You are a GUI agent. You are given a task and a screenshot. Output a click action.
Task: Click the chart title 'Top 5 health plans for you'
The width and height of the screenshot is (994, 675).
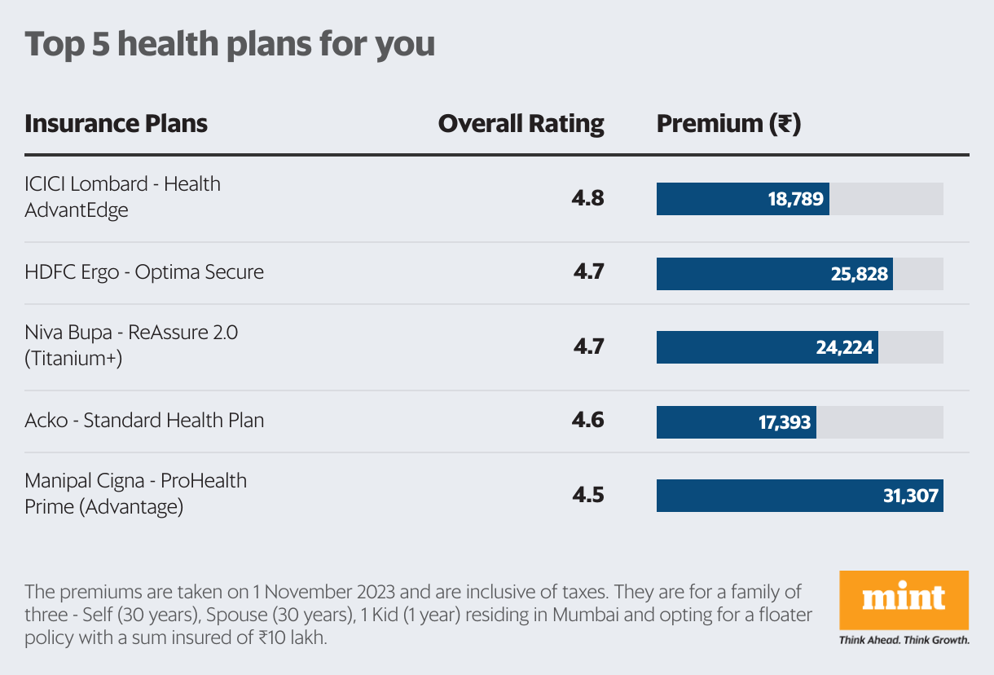(x=230, y=45)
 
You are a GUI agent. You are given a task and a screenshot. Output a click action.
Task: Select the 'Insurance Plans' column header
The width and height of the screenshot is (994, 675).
(x=116, y=124)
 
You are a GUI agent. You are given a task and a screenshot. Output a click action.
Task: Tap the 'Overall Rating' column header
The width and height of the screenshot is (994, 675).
(x=521, y=124)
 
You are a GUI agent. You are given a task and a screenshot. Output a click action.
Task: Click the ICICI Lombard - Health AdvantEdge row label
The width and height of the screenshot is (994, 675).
(x=122, y=197)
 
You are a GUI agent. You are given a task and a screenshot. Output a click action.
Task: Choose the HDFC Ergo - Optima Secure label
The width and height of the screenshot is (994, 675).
(x=144, y=272)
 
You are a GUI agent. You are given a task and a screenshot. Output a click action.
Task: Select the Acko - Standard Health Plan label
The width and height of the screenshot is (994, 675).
(x=144, y=421)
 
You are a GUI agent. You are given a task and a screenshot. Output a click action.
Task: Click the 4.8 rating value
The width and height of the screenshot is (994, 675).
(x=587, y=198)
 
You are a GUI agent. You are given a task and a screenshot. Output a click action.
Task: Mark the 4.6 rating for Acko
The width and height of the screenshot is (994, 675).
(x=587, y=421)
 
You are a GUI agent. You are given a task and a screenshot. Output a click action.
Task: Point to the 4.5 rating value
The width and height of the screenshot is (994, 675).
(x=587, y=495)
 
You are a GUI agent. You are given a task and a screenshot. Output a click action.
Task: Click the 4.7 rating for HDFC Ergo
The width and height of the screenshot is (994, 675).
(x=587, y=272)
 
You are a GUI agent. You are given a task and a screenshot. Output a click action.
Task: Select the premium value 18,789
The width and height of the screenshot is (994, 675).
(x=795, y=199)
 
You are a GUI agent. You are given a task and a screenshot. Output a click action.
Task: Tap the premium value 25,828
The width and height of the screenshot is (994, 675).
(x=859, y=274)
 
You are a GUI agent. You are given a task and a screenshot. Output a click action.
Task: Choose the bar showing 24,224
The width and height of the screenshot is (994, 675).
(x=767, y=347)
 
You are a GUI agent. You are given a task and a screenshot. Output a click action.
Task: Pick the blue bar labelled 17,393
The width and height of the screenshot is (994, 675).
(x=736, y=422)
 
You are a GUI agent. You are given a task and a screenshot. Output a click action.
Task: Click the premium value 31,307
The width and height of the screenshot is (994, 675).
(x=910, y=496)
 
